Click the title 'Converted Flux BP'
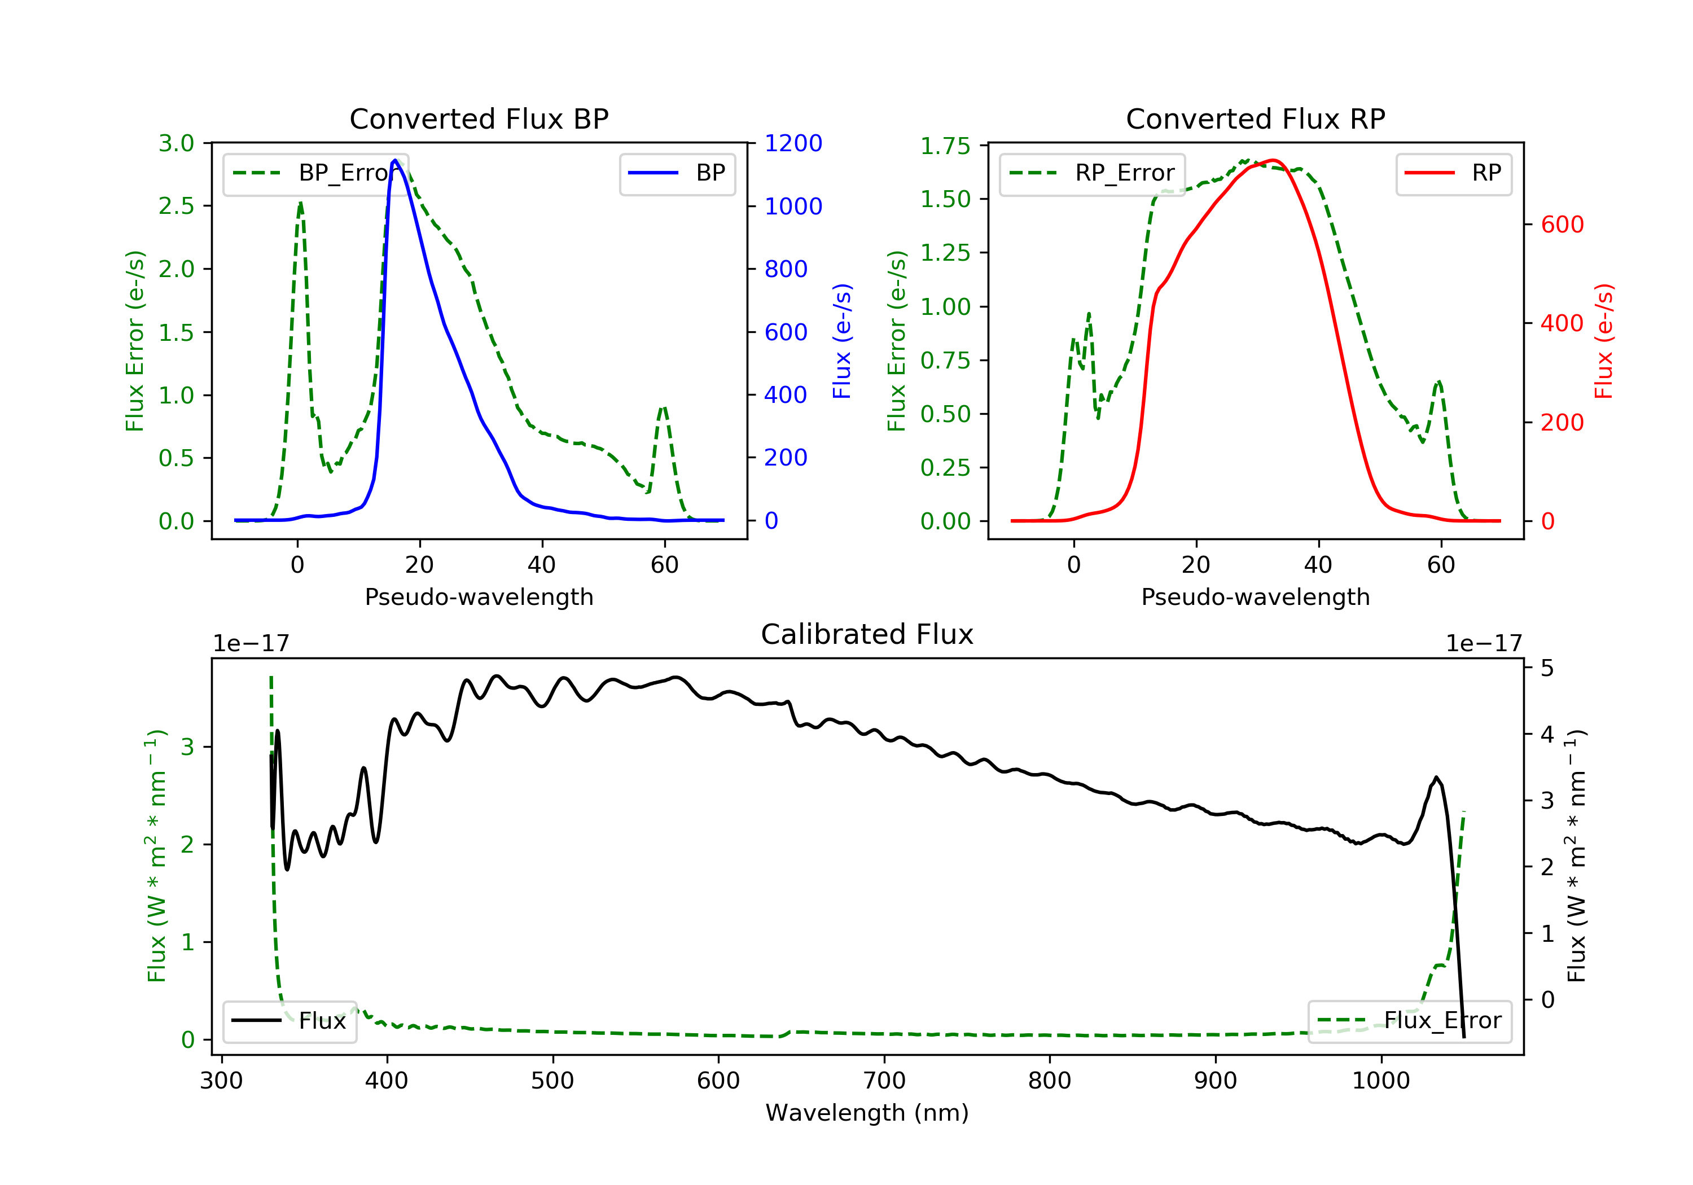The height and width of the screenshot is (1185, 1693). pos(479,118)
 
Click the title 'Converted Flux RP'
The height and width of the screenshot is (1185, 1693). pos(1255,118)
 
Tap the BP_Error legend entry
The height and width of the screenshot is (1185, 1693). pos(315,173)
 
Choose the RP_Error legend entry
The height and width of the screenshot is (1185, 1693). pos(1092,173)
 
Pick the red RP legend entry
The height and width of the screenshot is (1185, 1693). pos(1453,173)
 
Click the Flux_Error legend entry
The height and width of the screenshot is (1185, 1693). pos(1409,1021)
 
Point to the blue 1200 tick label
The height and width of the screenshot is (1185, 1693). pos(793,143)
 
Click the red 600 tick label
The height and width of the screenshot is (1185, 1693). pos(1562,224)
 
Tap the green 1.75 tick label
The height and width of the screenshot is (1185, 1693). pos(945,146)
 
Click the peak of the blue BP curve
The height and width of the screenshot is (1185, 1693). pos(395,161)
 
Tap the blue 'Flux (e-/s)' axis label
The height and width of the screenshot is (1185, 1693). pos(842,341)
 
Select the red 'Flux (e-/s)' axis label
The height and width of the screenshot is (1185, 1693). pos(1604,341)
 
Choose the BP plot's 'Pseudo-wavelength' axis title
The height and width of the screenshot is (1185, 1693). pos(479,596)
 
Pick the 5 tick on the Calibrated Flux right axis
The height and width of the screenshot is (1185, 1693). pos(1546,668)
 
